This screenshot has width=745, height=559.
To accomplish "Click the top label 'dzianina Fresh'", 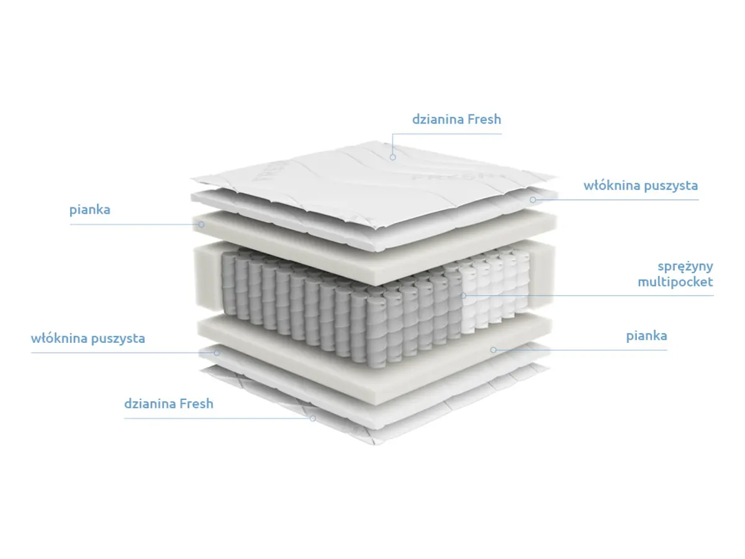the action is pyautogui.click(x=456, y=119).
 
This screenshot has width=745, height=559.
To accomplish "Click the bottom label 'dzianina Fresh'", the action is pyautogui.click(x=168, y=404).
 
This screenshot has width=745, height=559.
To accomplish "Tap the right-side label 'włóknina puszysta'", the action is pyautogui.click(x=641, y=186).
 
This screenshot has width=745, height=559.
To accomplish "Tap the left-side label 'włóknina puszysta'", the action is pyautogui.click(x=88, y=339).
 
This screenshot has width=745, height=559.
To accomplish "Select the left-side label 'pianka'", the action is pyautogui.click(x=89, y=210).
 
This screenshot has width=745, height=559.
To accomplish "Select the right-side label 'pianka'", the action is pyautogui.click(x=646, y=337).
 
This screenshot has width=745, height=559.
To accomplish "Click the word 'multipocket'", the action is pyautogui.click(x=675, y=282).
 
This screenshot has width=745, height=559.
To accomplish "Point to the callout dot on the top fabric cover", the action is pyautogui.click(x=393, y=157).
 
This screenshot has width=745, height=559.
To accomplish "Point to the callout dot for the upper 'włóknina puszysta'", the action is pyautogui.click(x=533, y=200).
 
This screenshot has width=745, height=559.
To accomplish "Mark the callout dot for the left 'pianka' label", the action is pyautogui.click(x=201, y=224).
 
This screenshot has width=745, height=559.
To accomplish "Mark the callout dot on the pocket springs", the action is pyautogui.click(x=463, y=296).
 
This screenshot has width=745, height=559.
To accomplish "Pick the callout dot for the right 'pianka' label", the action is pyautogui.click(x=493, y=350).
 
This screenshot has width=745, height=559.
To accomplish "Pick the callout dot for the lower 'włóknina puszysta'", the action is pyautogui.click(x=217, y=353).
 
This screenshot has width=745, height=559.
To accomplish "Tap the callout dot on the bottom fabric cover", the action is pyautogui.click(x=313, y=419).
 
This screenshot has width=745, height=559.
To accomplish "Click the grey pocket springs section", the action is pyautogui.click(x=340, y=306).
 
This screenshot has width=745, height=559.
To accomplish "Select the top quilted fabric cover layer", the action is pyautogui.click(x=373, y=183).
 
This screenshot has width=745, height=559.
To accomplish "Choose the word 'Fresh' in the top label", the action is pyautogui.click(x=484, y=119).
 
